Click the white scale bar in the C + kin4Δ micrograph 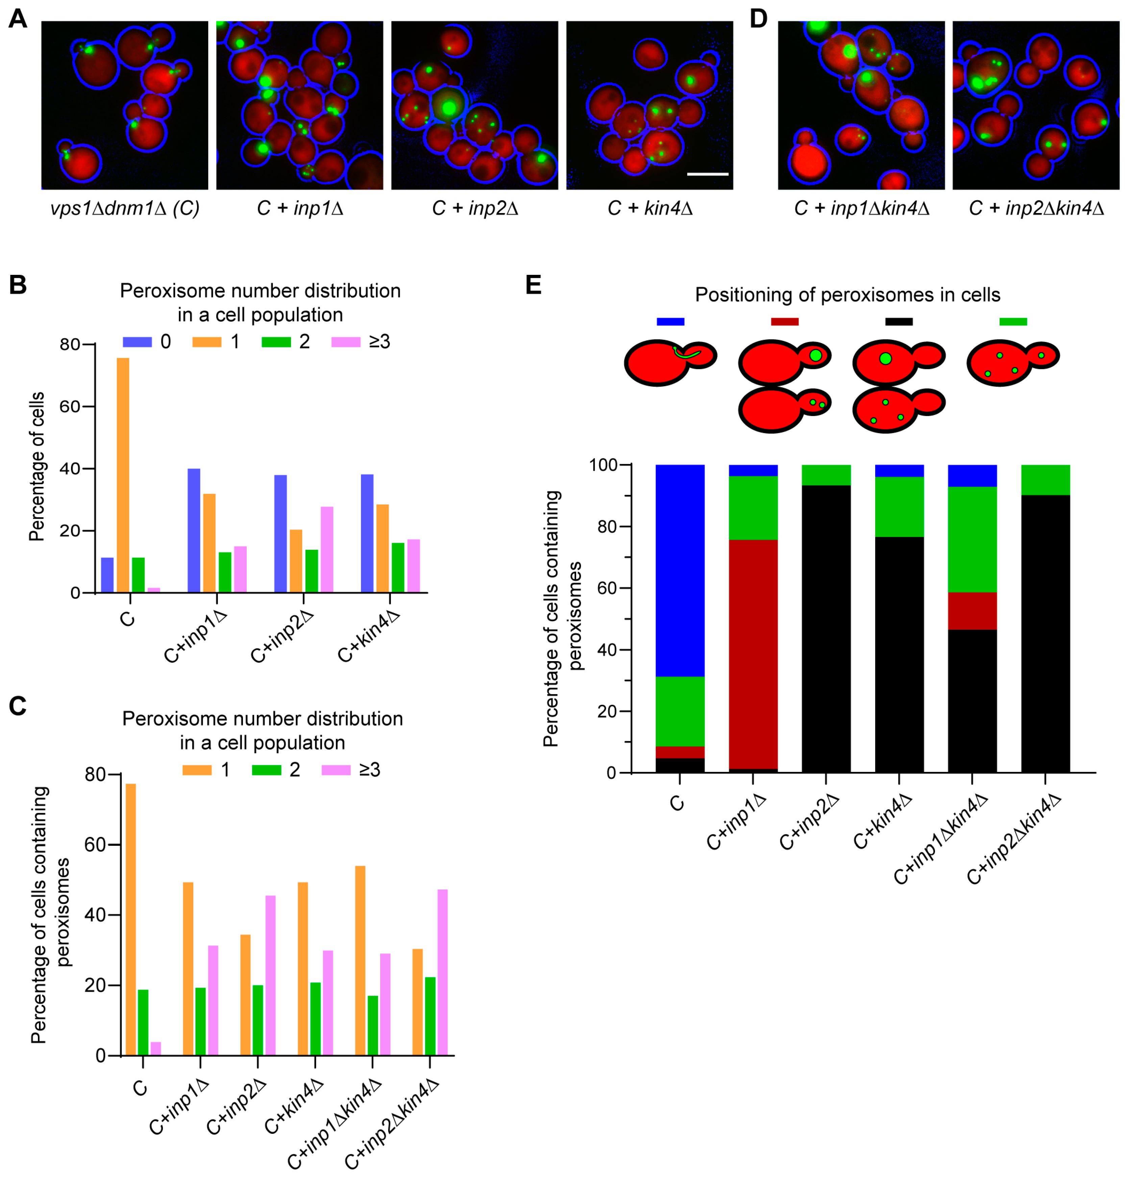coord(707,174)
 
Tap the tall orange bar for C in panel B coord(123,474)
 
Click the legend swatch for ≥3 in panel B coord(345,342)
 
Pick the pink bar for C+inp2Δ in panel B coord(327,549)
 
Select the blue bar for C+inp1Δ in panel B coord(194,530)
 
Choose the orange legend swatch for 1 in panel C coord(197,770)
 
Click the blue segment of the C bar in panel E coord(680,571)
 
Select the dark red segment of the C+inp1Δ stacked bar coord(753,655)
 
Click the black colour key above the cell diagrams coord(899,322)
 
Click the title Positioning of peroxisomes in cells coord(847,295)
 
